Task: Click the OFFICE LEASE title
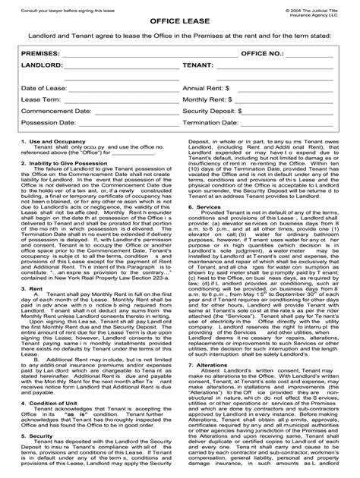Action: coord(179,24)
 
